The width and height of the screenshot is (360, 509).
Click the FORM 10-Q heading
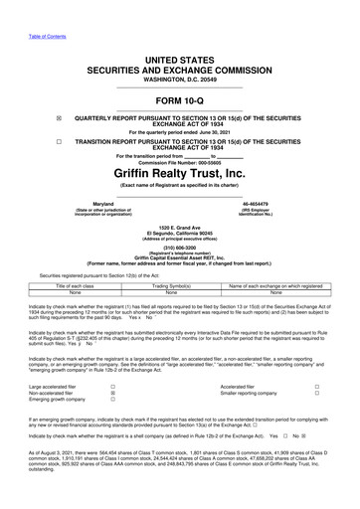[179, 102]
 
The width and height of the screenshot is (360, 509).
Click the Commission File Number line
[179, 161]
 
